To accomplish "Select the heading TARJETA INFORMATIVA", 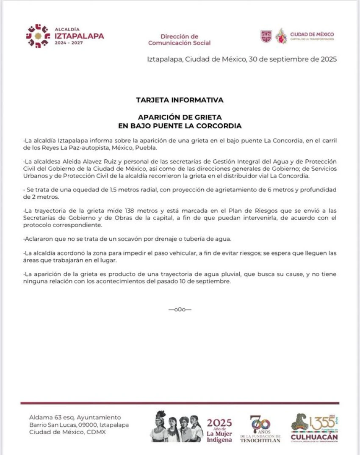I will pos(180,100).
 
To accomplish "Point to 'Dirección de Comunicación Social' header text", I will pos(179,39).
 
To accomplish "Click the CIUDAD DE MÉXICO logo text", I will pos(312,35).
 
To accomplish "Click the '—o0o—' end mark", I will pos(180,309).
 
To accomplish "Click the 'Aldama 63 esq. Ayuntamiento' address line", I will pos(75,418).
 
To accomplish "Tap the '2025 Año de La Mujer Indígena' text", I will pos(219,430).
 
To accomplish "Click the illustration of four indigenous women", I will pos(177,427).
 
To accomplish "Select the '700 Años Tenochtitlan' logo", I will pos(260,428).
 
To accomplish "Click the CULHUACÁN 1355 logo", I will pos(314,428).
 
